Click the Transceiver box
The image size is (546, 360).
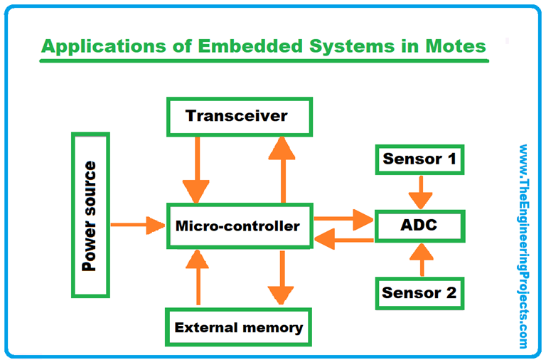(x=236, y=116)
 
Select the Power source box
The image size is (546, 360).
(x=90, y=215)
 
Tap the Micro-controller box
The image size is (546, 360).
(x=238, y=227)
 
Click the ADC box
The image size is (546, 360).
(x=419, y=226)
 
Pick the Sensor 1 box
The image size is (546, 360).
(x=419, y=159)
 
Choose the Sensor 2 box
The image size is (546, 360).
(x=419, y=292)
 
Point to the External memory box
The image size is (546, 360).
(x=238, y=327)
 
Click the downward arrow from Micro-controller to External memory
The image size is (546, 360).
(x=282, y=277)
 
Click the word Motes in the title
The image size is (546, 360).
(x=453, y=46)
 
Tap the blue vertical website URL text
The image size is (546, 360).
(x=524, y=245)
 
